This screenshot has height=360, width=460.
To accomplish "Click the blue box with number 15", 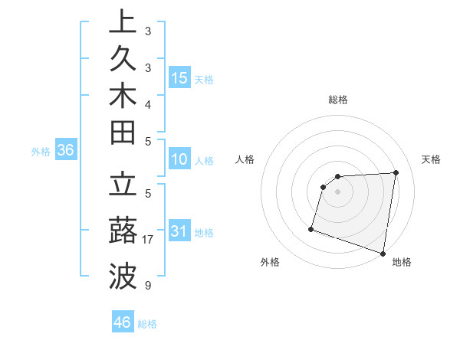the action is pyautogui.click(x=179, y=77).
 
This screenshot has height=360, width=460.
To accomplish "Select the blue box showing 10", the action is pyautogui.click(x=179, y=160).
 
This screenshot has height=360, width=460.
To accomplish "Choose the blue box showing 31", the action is pyautogui.click(x=179, y=231).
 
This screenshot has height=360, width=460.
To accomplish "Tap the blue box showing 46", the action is pyautogui.click(x=123, y=322).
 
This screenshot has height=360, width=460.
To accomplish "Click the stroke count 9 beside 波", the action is pyautogui.click(x=147, y=286).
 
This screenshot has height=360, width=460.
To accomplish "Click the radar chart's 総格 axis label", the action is pyautogui.click(x=338, y=99).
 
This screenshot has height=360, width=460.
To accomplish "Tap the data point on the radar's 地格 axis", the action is pyautogui.click(x=383, y=253).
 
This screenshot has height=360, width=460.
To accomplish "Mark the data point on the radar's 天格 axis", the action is pyautogui.click(x=396, y=172).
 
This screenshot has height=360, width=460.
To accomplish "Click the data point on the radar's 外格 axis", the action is pyautogui.click(x=311, y=228).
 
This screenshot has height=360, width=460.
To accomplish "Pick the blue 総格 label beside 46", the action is pyautogui.click(x=148, y=323).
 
